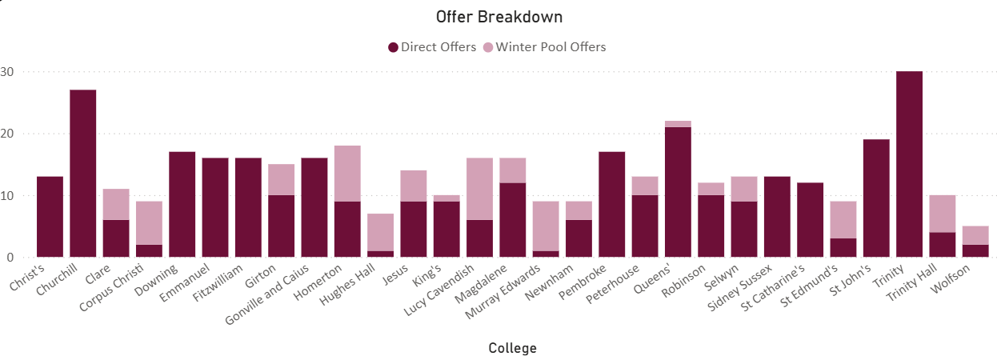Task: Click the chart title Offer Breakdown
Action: [x=499, y=17]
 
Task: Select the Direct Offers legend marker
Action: [x=393, y=47]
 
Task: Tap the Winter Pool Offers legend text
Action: [x=551, y=46]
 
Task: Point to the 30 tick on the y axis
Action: [x=7, y=72]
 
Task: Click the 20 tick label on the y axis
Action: [x=7, y=134]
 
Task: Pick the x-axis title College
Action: [x=512, y=348]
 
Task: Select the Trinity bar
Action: [x=909, y=164]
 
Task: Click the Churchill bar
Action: [x=82, y=174]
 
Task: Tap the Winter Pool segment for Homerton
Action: [x=347, y=174]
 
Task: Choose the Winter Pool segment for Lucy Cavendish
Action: [x=479, y=189]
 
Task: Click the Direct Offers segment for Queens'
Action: [x=678, y=192]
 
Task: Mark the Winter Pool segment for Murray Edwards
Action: [x=546, y=226]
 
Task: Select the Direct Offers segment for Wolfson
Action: [x=975, y=251]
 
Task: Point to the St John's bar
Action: [x=876, y=198]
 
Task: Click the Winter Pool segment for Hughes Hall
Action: [x=380, y=232]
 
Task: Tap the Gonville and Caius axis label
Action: [x=267, y=294]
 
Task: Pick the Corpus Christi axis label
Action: [x=112, y=287]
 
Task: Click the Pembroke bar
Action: [x=611, y=205]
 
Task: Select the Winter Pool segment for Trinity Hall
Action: [x=943, y=214]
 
